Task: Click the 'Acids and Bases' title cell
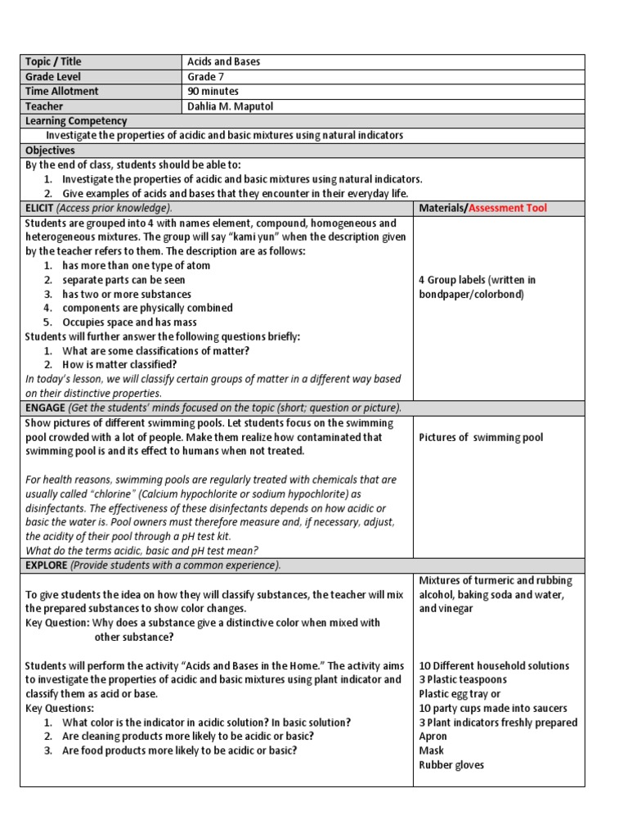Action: (224, 62)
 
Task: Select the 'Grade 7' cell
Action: (205, 77)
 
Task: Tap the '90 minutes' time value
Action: (213, 92)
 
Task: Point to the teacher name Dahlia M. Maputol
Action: (231, 106)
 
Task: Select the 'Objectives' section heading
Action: (50, 151)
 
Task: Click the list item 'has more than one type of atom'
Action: (136, 265)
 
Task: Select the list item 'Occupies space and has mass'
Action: (129, 322)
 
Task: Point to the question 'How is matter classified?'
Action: (119, 365)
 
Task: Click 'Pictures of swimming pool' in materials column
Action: (481, 438)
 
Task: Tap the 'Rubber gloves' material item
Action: (451, 765)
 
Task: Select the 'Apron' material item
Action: (433, 737)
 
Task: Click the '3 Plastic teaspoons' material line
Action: (463, 680)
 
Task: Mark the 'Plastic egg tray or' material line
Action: (460, 694)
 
